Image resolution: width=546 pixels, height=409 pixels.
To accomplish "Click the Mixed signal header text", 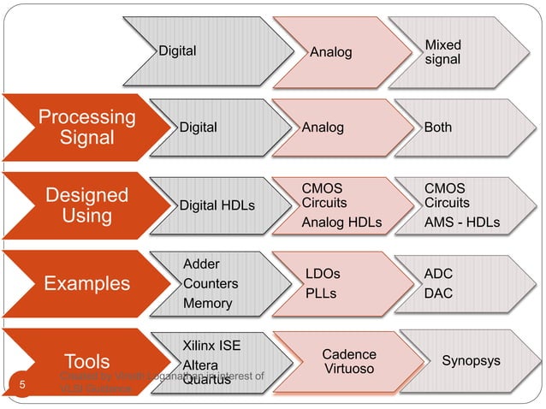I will coord(442,51).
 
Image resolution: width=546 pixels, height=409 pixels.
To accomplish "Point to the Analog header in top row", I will coord(330,52).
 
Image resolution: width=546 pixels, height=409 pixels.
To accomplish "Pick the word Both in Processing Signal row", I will coord(438,127).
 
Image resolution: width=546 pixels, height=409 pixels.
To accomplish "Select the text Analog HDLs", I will coord(341,223).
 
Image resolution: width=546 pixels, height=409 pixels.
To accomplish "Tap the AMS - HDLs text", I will coord(462,223).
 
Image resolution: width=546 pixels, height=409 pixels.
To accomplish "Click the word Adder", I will coord(202,263).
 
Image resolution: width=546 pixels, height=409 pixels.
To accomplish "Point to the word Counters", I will coord(211,283).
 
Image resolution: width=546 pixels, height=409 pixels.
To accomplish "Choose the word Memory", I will coord(207,304).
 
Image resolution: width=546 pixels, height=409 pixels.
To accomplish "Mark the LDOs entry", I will coord(323,274).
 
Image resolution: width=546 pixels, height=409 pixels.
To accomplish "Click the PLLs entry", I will coord(321,293).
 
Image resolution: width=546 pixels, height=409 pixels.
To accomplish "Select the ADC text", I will coord(439,274).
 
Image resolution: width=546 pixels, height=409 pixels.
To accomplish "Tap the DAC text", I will coord(439,293).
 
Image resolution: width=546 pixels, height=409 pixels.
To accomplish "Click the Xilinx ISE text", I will coord(212,346).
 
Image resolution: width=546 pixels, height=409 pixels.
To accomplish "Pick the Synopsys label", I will coord(471,361).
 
